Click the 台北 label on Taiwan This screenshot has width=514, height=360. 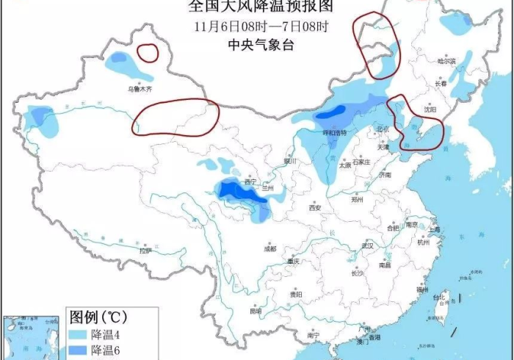pyautogui.click(x=440, y=298)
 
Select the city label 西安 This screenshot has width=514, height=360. pyautogui.click(x=315, y=208)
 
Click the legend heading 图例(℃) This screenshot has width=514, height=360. pyautogui.click(x=98, y=318)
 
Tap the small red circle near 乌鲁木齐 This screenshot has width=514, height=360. pyautogui.click(x=148, y=52)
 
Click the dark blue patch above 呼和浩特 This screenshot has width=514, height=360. pyautogui.click(x=332, y=113)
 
